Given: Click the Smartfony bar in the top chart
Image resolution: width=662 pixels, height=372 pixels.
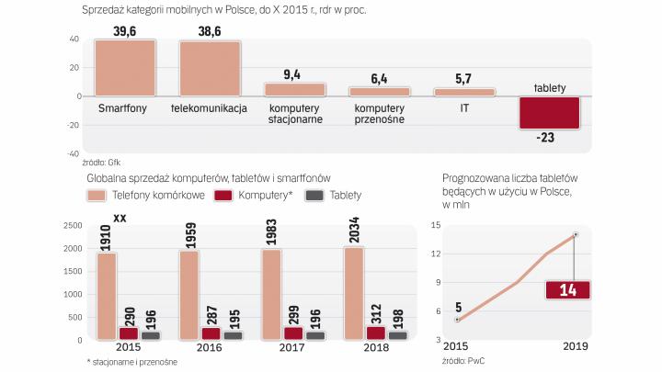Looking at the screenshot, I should [x=124, y=68].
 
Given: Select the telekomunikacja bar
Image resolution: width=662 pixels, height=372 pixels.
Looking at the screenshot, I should [x=211, y=69].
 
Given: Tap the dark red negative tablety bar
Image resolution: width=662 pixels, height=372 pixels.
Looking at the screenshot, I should [x=549, y=112].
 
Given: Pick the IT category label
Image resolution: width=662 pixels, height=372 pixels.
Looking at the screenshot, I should [x=464, y=107].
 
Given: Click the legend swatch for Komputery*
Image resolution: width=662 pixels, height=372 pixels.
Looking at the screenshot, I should [x=222, y=195].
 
